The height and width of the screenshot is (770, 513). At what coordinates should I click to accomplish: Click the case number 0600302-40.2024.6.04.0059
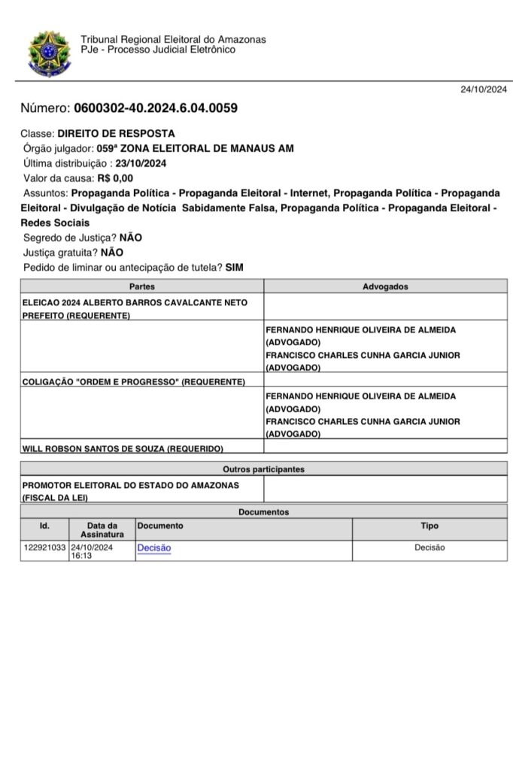coord(156,108)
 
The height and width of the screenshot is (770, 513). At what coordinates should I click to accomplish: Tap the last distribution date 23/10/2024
coord(141,163)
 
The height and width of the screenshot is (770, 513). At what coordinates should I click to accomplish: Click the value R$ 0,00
coord(115,178)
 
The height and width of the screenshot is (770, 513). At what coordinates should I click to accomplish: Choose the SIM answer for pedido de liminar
coord(235,268)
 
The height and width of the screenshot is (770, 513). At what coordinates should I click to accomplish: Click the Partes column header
coord(141,286)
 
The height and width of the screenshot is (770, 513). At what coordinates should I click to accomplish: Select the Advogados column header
coord(385,286)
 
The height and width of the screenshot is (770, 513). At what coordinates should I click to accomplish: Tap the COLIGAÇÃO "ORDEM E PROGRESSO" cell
coord(134,382)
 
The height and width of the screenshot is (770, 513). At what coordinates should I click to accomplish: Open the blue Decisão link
coord(153,548)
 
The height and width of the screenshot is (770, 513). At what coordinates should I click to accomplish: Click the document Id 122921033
coord(44,548)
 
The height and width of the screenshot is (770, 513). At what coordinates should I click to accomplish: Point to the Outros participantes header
coord(263,469)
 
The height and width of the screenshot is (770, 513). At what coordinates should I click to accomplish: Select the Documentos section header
coord(263,512)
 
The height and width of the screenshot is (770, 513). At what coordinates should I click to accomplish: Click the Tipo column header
coord(430,526)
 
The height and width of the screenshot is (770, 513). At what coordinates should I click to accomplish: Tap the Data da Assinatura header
coord(102,530)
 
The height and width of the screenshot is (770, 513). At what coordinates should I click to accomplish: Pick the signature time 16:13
coord(80,556)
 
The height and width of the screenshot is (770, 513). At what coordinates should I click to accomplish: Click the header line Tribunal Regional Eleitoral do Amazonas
coord(173,40)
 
